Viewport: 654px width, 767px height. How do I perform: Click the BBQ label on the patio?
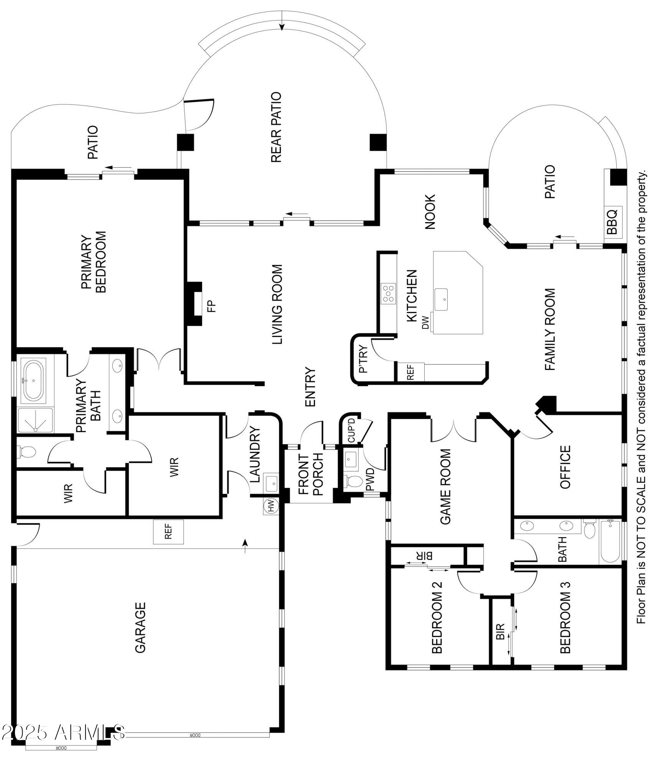612,221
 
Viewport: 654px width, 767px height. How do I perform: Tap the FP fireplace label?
212,305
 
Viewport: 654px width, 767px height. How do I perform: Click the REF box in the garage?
168,532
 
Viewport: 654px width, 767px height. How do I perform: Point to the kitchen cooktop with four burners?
389,294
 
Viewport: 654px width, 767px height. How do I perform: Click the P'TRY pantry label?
363,359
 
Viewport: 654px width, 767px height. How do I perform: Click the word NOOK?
430,211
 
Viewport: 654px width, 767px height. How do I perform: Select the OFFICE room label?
565,467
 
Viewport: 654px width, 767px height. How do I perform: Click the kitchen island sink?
441,299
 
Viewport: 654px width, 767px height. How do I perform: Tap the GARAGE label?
140,627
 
